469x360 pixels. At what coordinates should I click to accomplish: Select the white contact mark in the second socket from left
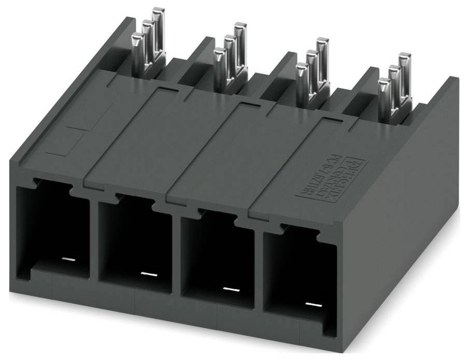coord(148,273)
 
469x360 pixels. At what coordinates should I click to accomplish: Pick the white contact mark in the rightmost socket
coord(312,304)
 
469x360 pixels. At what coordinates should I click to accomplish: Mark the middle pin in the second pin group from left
coord(230,57)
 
